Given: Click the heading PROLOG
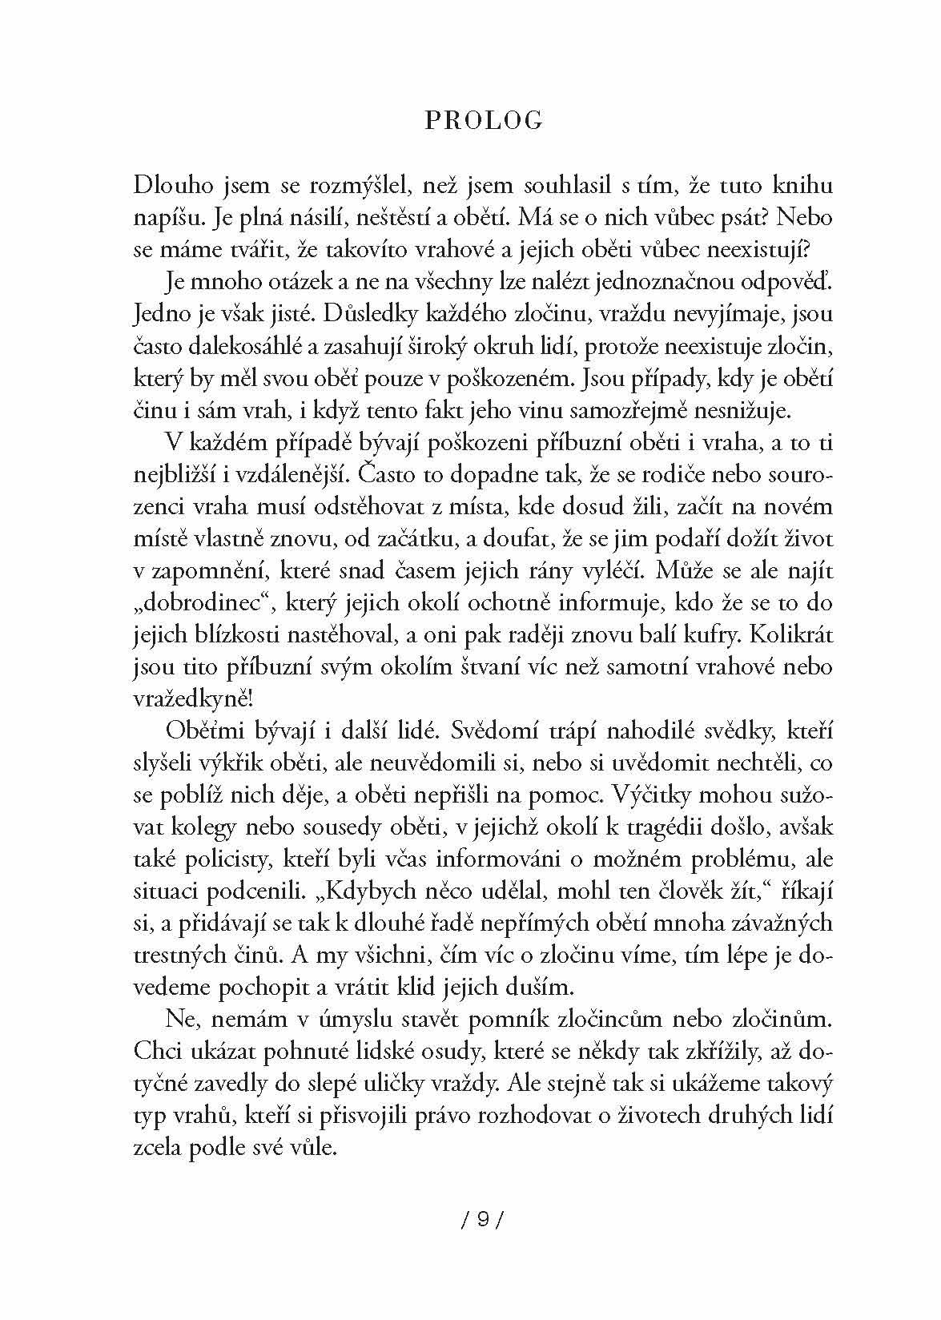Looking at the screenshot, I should pyautogui.click(x=484, y=120).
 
